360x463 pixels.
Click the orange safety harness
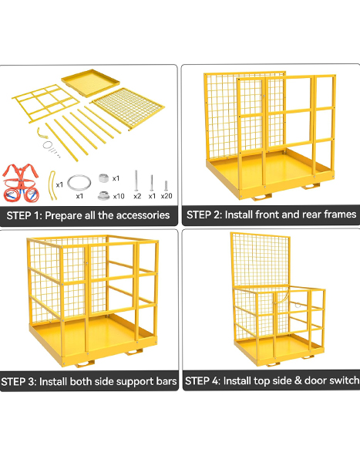click(x=20, y=183)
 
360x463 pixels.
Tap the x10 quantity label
click(x=119, y=196)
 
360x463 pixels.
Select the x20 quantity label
click(x=167, y=196)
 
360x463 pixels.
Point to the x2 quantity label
click(x=137, y=196)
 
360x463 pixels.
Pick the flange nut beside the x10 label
click(x=103, y=196)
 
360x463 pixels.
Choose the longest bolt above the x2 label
click(x=136, y=181)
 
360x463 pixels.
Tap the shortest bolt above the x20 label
click(x=167, y=185)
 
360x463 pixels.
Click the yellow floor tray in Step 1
click(x=90, y=83)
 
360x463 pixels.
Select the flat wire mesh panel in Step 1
click(x=128, y=107)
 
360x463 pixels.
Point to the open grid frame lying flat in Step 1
click(x=45, y=103)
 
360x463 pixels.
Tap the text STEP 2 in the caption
click(x=204, y=215)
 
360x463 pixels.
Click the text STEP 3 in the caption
click(x=18, y=381)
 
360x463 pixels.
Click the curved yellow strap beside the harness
click(x=53, y=185)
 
